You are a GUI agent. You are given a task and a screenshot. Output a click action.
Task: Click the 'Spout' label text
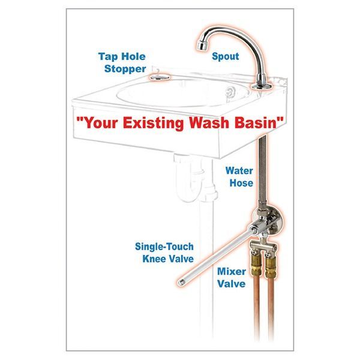(x=225, y=56)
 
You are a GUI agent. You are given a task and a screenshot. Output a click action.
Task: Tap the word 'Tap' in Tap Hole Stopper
(x=109, y=56)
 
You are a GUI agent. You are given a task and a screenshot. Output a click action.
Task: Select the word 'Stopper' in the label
(x=122, y=69)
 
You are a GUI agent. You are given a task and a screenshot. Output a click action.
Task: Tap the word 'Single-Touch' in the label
(x=165, y=246)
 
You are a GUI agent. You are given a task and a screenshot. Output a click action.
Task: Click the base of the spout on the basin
(x=262, y=86)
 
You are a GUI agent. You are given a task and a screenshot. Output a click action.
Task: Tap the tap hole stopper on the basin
(x=159, y=77)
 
